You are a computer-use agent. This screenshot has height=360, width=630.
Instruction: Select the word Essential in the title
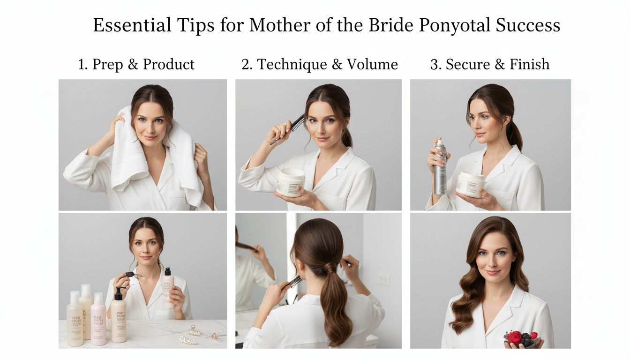tap(132, 25)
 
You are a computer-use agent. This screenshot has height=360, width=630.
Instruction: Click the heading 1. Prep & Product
tap(136, 64)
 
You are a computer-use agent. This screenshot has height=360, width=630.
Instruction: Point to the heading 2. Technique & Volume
tap(320, 64)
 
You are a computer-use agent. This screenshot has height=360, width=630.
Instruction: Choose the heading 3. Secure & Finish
tap(490, 64)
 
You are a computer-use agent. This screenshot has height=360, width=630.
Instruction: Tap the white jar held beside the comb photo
tap(291, 182)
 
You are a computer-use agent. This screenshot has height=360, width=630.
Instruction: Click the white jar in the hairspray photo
tap(471, 184)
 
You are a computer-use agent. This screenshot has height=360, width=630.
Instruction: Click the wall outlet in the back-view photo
tap(383, 279)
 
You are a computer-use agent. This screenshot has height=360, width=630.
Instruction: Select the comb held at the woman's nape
tap(294, 282)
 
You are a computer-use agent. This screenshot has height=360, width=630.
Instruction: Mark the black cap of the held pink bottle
tap(167, 271)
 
